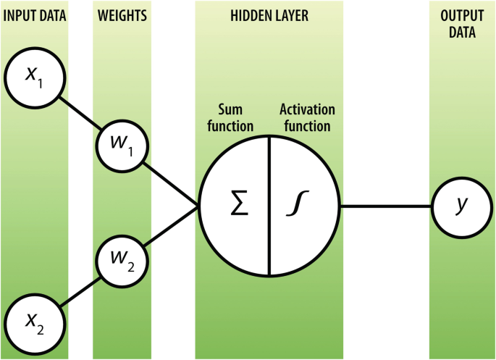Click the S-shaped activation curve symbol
tap(298, 206)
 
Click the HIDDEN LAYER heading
tap(269, 14)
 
